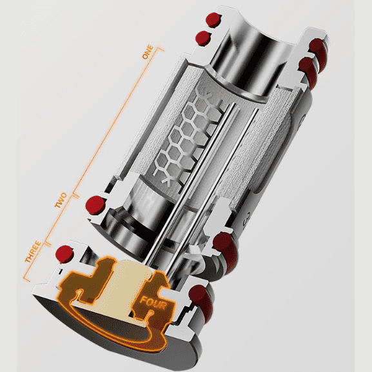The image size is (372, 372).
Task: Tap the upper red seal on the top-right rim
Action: pyautogui.click(x=316, y=46)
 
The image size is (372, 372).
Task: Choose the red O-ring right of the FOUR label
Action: pyautogui.click(x=206, y=297)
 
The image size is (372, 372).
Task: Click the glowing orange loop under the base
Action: pyautogui.click(x=116, y=322)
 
